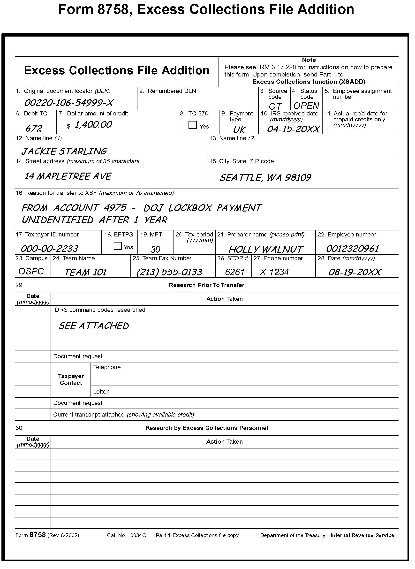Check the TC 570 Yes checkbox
point(192,125)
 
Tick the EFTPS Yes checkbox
point(118,246)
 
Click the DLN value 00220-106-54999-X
point(68,103)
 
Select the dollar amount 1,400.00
point(93,125)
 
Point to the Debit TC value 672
point(34,128)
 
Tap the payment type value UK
point(239,130)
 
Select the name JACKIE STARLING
point(64,151)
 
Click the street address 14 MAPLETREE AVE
point(68,176)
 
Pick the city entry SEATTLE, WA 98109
point(265,178)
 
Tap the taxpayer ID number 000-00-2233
point(50,249)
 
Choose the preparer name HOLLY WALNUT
point(265,249)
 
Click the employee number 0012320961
point(352,249)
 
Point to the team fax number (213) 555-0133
point(169,272)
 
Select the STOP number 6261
point(235,272)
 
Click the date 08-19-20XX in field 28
point(355,272)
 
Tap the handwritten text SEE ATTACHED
point(93,326)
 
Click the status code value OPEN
point(306,106)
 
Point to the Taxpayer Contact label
point(71,379)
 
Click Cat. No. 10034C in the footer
point(126,535)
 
